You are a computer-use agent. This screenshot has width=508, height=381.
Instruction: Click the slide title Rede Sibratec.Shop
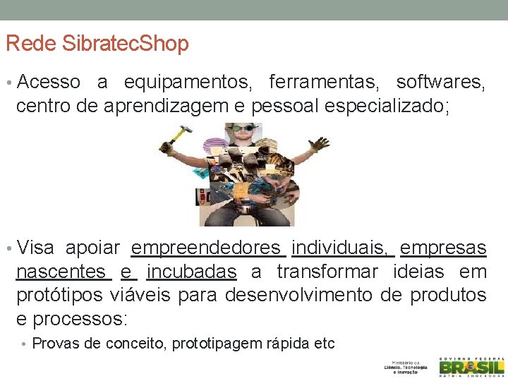[x=97, y=44]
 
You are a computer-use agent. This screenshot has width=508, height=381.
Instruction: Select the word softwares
[x=440, y=83]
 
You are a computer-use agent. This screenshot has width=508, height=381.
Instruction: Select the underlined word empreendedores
[x=206, y=248]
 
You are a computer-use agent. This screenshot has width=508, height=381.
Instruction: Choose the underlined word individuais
[x=340, y=248]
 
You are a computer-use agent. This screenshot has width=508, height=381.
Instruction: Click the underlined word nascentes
[x=61, y=272]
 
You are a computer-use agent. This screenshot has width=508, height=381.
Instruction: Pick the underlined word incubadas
[x=191, y=272]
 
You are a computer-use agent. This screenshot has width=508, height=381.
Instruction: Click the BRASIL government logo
[x=471, y=367]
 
